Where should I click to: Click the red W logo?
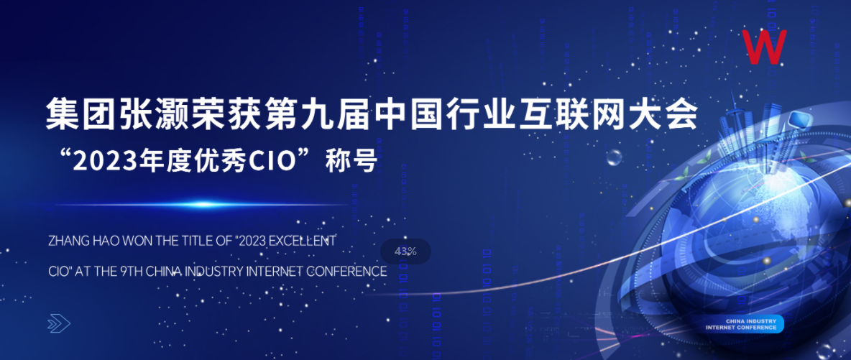tap(765, 47)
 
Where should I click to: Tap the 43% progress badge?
tap(405, 251)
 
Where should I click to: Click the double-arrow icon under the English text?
tap(59, 324)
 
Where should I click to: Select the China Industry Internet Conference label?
tap(745, 324)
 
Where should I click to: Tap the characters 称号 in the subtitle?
tap(351, 162)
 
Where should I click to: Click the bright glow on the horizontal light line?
tap(204, 205)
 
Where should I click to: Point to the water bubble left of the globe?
tap(614, 157)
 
